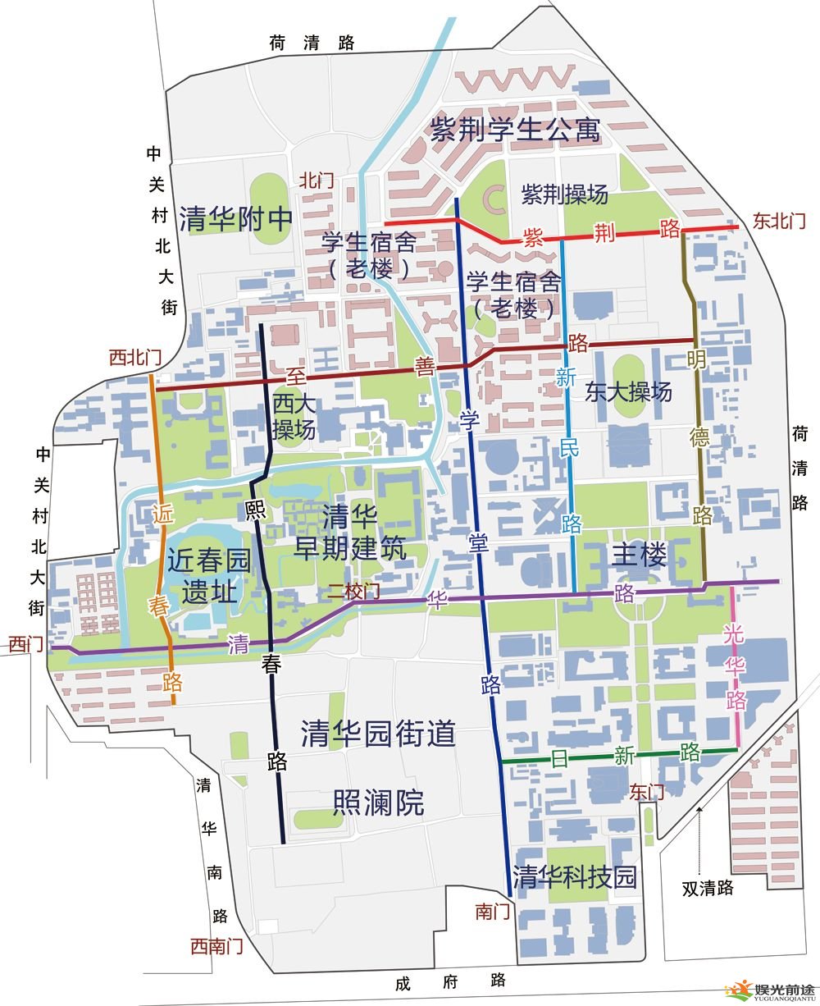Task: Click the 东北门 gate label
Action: point(779,221)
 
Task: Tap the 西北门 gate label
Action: point(135,358)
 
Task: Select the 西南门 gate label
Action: point(216,946)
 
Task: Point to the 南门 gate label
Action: point(493,911)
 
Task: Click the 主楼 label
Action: point(640,556)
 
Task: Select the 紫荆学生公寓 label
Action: point(516,130)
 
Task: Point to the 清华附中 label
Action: point(236,219)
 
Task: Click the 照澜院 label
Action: point(378,803)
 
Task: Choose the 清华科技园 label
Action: point(574,876)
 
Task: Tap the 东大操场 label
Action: point(629,391)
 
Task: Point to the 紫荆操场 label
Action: point(565,194)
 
